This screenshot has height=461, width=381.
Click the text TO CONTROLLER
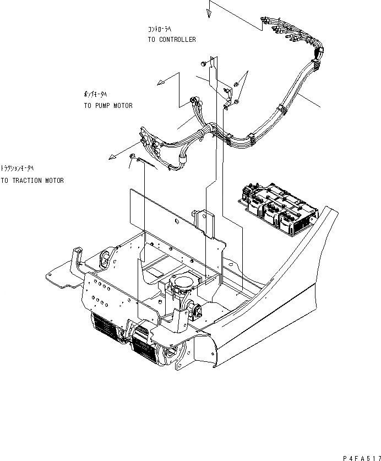(x=171, y=40)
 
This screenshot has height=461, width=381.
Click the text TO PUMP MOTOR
(x=108, y=106)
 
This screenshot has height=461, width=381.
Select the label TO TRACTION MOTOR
(x=32, y=181)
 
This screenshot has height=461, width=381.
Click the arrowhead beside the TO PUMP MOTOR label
(x=161, y=83)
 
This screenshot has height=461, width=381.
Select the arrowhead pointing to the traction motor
(x=112, y=157)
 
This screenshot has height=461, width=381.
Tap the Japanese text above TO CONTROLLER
(x=160, y=29)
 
